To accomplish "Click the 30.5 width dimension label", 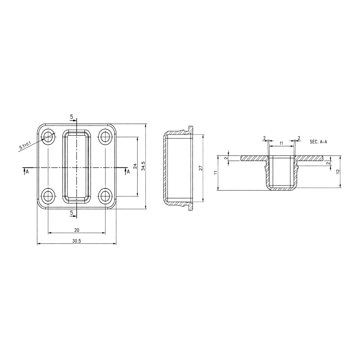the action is [x=77, y=241].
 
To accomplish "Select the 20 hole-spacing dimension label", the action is [x=77, y=230].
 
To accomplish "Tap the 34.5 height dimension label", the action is [x=143, y=166].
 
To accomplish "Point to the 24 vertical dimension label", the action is [x=135, y=166].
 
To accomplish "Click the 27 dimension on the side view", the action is [x=201, y=168].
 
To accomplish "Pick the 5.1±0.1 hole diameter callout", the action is [x=25, y=146].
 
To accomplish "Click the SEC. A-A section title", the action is [x=318, y=142].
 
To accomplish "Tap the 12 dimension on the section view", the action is [x=338, y=171].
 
